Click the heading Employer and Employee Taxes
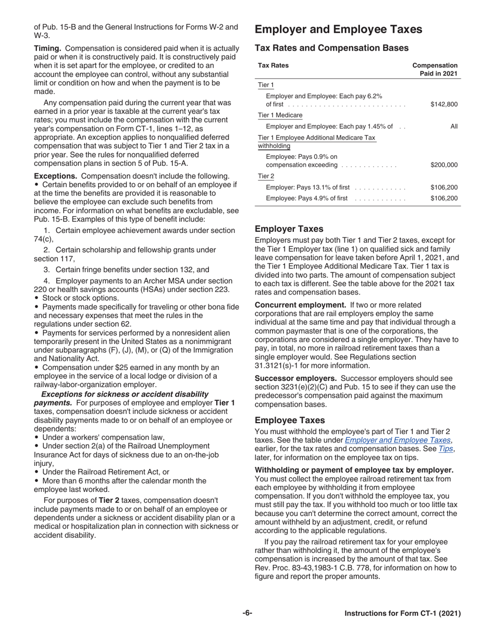coord(338,30)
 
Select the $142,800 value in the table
coord(444,104)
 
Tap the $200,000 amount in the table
coord(444,165)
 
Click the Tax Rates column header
coord(273,66)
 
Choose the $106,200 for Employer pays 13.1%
coord(444,187)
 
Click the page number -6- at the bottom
coord(247,613)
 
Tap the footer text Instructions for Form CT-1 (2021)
coord(402,614)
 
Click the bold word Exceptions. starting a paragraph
coord(56,176)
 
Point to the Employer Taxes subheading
coord(289,229)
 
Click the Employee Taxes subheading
coord(290,420)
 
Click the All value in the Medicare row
coord(454,126)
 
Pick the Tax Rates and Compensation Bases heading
coord(331,48)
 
